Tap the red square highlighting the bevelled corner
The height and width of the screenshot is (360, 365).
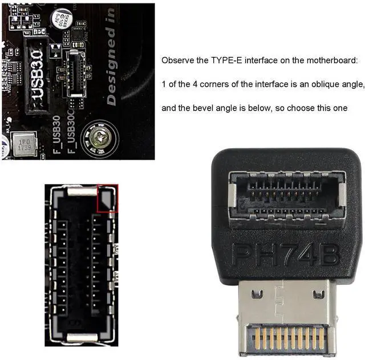click(x=107, y=198)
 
